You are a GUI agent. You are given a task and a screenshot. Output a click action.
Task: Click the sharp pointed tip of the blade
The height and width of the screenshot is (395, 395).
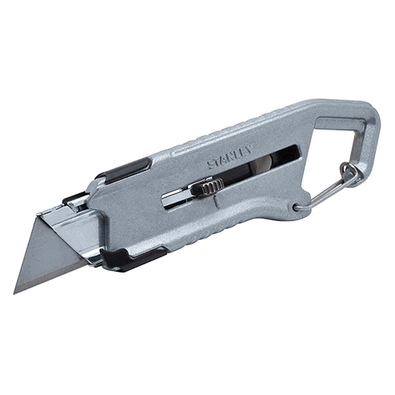14,294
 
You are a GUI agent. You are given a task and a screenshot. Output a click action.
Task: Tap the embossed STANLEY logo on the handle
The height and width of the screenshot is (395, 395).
230,157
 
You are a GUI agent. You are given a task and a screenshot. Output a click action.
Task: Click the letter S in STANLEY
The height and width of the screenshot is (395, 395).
211,165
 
